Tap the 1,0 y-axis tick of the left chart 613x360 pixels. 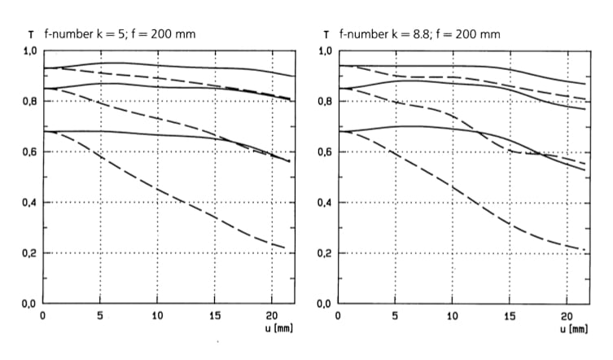click(28, 50)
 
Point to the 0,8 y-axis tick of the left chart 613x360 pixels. click(28, 101)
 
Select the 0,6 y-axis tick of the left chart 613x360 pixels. click(28, 152)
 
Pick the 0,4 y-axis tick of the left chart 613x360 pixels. click(28, 203)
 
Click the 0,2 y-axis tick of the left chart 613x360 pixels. click(28, 253)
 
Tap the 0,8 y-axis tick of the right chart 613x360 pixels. click(323, 101)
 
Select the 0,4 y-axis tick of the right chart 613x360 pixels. click(323, 203)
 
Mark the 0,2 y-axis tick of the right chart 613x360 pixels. click(323, 253)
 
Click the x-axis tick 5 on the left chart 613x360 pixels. click(99, 315)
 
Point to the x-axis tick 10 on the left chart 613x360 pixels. click(158, 315)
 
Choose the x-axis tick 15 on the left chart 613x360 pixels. click(215, 315)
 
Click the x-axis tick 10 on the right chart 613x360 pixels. click(452, 315)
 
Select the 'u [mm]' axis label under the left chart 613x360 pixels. click(278, 327)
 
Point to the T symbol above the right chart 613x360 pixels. click(326, 35)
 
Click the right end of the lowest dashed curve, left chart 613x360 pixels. click(284, 248)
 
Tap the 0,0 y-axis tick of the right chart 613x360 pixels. click(323, 304)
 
